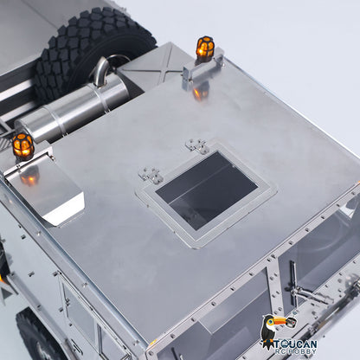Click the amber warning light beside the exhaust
coord(23,146)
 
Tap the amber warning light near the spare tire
coord(205,48)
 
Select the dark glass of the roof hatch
coord(207,190)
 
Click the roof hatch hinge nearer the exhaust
coord(151,175)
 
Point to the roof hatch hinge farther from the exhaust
coord(197,146)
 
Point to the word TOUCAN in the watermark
coord(295,344)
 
